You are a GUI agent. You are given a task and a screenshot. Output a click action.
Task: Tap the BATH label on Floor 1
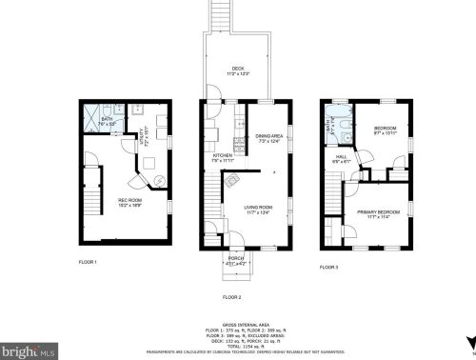pyautogui.click(x=108, y=122)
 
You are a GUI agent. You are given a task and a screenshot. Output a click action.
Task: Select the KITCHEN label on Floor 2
pyautogui.click(x=223, y=156)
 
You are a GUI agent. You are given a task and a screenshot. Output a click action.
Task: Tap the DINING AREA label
pyautogui.click(x=271, y=137)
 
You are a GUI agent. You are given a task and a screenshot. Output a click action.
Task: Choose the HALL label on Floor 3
pyautogui.click(x=342, y=158)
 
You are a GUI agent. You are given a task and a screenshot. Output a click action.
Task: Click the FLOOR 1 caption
pyautogui.click(x=89, y=261)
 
